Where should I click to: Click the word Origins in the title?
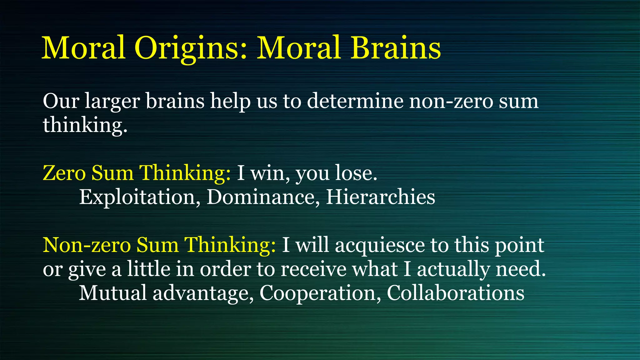191,48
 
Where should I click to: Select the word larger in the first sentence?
112,102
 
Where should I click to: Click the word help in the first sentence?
230,102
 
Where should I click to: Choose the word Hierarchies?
380,197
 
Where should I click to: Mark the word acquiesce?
380,245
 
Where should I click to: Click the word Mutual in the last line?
112,293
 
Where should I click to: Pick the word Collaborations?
456,293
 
